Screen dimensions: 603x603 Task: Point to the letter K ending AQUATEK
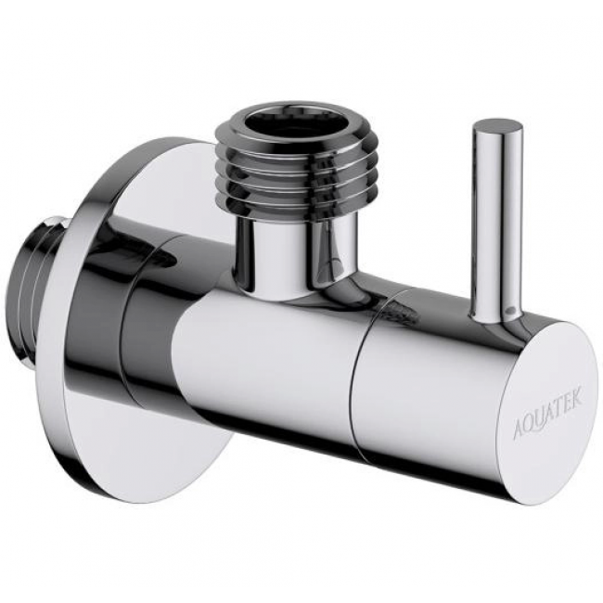[579, 398]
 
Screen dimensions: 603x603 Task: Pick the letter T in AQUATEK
[560, 408]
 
